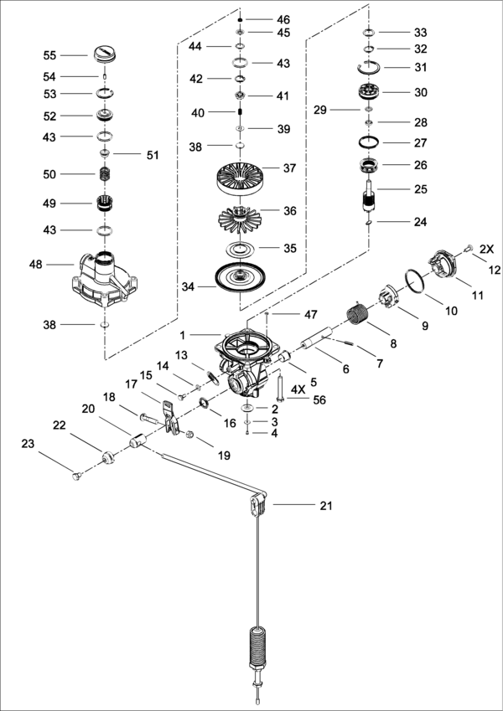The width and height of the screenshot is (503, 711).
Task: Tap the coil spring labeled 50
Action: (x=106, y=174)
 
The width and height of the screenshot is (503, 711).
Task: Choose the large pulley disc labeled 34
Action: (x=240, y=276)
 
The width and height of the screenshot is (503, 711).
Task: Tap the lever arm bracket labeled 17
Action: (x=171, y=418)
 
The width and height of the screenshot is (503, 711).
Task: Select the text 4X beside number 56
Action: (x=298, y=389)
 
